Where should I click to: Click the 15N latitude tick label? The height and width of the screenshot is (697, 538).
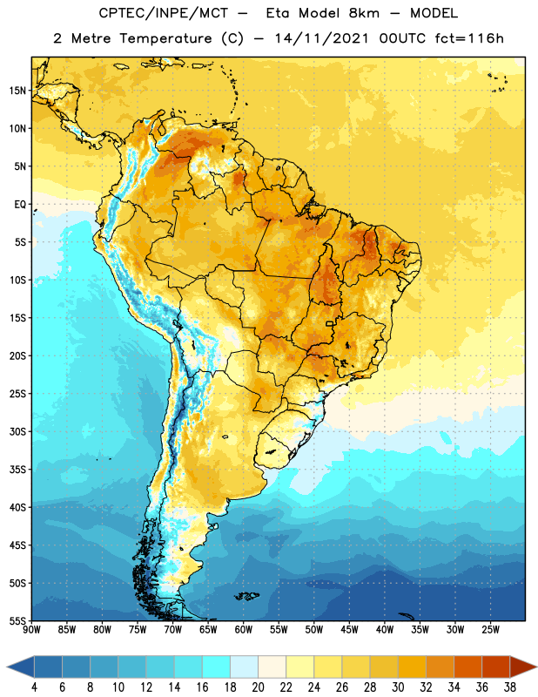click(17, 91)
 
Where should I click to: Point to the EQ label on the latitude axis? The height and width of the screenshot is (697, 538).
click(20, 205)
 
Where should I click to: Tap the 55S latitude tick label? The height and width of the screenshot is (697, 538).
click(17, 620)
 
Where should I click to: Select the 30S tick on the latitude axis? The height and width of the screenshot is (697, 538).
click(17, 431)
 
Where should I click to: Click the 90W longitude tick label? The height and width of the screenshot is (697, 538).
click(31, 630)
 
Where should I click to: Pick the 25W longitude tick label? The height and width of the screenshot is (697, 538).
click(490, 630)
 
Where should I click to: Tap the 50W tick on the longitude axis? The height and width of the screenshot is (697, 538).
click(314, 630)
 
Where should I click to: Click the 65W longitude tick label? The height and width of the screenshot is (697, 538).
click(208, 630)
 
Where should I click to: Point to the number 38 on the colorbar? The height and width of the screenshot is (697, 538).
click(510, 687)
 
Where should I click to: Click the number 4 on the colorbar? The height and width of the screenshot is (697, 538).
click(34, 687)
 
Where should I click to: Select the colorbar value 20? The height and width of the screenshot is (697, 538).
click(258, 687)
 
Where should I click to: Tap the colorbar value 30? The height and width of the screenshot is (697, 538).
click(398, 687)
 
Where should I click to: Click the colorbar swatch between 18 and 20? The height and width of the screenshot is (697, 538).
click(244, 667)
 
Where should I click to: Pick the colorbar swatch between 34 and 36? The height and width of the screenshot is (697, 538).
click(467, 667)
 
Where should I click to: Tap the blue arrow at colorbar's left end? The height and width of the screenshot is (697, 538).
click(20, 667)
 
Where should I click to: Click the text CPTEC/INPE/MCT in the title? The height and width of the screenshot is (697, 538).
click(164, 13)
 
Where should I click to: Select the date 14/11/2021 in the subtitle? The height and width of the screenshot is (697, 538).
click(321, 38)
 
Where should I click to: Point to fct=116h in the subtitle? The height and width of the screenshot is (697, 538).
click(469, 38)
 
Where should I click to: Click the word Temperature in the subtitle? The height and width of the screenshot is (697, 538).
click(165, 39)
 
